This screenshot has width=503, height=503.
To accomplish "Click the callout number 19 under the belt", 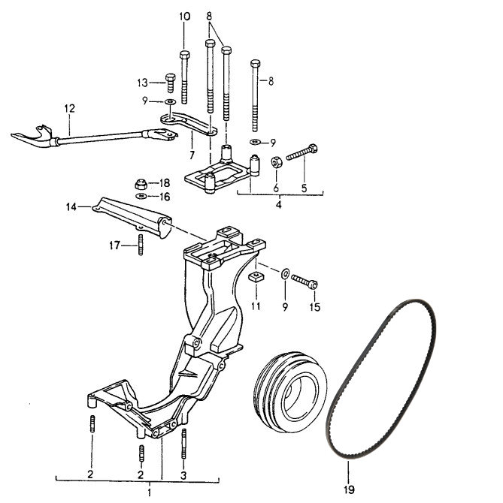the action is click(x=349, y=489).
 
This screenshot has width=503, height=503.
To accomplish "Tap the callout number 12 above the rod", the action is click(x=69, y=108).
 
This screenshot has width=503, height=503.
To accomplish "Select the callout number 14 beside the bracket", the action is click(x=71, y=207).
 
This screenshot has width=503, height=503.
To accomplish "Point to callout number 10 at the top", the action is click(x=185, y=17).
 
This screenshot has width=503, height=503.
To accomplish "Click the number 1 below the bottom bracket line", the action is click(x=149, y=492).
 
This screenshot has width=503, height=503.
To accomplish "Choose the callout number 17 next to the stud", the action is click(x=114, y=245).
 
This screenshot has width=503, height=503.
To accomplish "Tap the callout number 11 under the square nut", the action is click(x=256, y=306).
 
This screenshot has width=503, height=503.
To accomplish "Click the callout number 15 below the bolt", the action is click(x=315, y=307).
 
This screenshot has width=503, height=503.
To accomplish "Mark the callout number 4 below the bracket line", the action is click(x=278, y=204).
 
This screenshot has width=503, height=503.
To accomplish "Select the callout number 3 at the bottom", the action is click(x=183, y=474).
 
